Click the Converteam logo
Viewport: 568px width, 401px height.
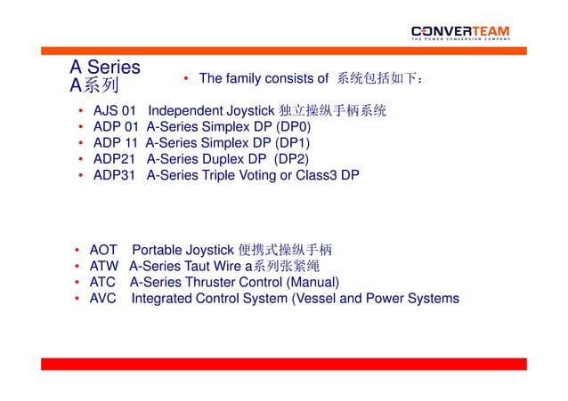click(460, 33)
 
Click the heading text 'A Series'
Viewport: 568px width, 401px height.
click(105, 68)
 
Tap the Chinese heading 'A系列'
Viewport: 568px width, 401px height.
click(94, 86)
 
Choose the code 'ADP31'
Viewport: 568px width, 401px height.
click(115, 175)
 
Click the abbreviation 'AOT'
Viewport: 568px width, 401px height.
click(104, 250)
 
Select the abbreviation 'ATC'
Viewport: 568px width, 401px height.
click(104, 282)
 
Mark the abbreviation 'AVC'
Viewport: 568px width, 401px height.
click(104, 298)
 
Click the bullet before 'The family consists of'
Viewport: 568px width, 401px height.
click(186, 79)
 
